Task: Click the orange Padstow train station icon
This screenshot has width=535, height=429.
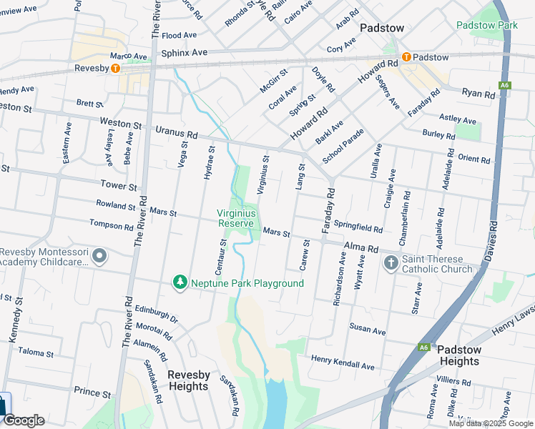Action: tap(406, 57)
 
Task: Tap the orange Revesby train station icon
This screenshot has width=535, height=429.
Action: tap(114, 69)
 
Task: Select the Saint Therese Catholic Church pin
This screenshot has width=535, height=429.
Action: tap(391, 263)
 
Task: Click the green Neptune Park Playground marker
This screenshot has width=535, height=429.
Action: tap(180, 283)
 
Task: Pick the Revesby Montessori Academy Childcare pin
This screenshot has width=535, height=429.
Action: tap(99, 256)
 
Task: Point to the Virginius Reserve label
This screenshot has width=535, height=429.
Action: tap(235, 218)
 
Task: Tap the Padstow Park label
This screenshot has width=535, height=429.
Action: tap(486, 25)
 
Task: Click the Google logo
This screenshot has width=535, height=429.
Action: tap(24, 420)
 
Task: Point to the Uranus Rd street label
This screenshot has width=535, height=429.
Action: tap(177, 134)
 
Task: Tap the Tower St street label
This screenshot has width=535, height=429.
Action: tap(119, 186)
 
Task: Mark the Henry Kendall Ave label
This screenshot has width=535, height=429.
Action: tap(342, 366)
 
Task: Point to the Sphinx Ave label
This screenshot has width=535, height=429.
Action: tap(184, 53)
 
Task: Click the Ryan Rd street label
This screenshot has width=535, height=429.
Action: tap(478, 94)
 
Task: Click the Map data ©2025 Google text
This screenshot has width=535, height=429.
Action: tap(490, 423)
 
